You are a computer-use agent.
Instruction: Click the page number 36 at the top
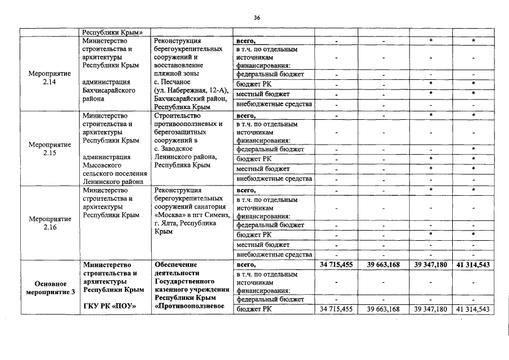coord(256,18)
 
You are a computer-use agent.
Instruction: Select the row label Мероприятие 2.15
coord(49,148)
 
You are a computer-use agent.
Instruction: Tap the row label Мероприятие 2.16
coord(49,224)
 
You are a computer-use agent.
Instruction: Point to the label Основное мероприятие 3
coord(49,288)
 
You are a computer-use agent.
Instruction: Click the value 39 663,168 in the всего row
coord(383,264)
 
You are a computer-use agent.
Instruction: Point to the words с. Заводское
coord(173,148)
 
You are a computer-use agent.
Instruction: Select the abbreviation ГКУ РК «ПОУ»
coord(110,307)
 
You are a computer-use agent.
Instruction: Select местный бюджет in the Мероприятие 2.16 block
coord(263,245)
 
